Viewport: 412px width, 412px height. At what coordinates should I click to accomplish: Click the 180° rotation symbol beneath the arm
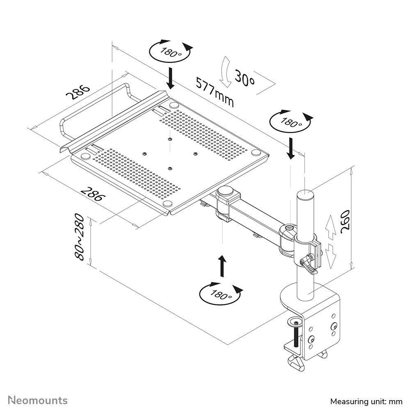click(x=220, y=293)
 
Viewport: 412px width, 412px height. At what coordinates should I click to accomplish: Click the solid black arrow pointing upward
click(x=222, y=266)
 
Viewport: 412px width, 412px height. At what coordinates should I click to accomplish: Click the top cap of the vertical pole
click(x=305, y=194)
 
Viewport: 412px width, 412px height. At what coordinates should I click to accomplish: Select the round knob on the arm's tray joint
click(x=225, y=191)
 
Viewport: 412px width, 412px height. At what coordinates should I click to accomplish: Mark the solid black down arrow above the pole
click(x=291, y=149)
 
